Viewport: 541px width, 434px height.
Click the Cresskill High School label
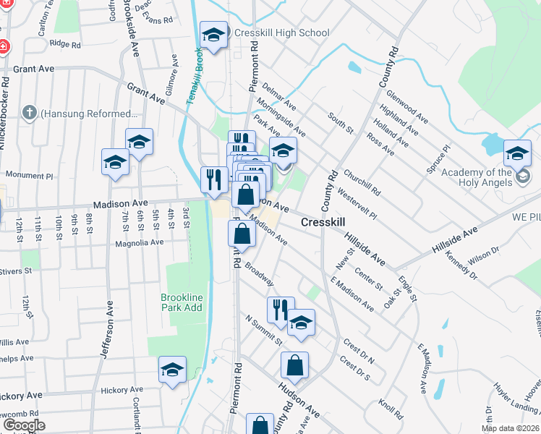282,33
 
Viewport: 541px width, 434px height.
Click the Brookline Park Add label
182,302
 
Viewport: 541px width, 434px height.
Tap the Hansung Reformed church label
89,114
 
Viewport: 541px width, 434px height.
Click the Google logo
24,425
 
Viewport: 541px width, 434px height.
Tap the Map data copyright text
508,428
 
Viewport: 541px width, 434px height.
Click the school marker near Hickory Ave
173,370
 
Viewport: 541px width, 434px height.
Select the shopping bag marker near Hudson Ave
294,366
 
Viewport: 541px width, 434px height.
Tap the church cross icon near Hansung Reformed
29,113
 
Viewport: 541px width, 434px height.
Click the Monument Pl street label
29,175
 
